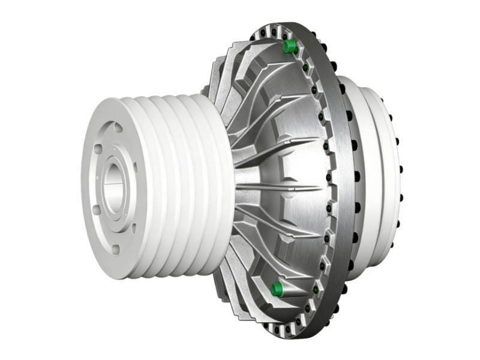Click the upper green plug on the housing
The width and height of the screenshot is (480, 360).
(x=290, y=46)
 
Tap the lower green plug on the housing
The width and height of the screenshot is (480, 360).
(x=277, y=289)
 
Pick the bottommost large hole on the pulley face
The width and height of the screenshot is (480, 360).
(x=116, y=250)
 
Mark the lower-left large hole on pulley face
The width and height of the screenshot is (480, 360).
(x=97, y=209)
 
